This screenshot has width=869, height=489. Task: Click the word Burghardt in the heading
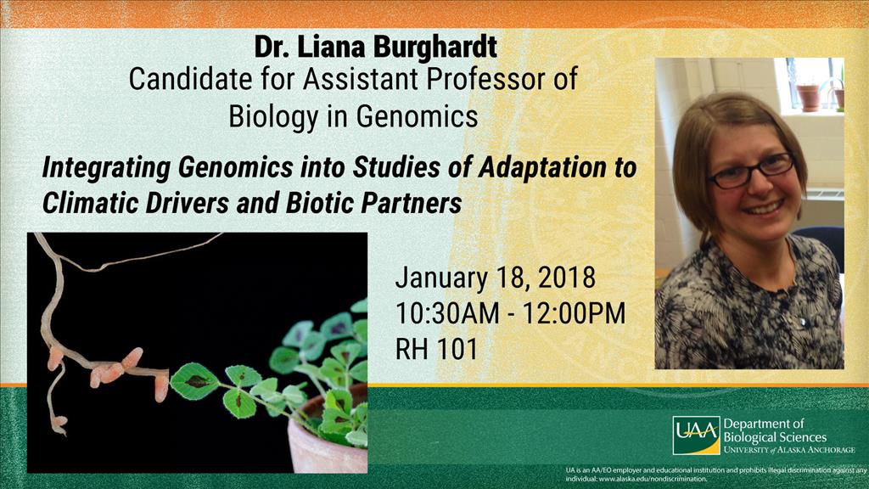tap(435, 48)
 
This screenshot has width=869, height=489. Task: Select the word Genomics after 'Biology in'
tap(417, 116)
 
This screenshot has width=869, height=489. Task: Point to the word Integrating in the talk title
tap(106, 168)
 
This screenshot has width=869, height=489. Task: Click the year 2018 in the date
tap(567, 278)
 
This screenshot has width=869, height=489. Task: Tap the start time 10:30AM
tap(447, 314)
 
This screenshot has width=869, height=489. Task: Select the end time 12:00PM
tap(574, 314)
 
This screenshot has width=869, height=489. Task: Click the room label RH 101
tap(436, 350)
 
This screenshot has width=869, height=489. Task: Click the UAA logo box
tap(696, 436)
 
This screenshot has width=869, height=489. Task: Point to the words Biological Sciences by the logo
tap(775, 437)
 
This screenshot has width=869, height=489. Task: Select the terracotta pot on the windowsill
tap(808, 98)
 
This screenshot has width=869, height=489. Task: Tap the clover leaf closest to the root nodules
tap(194, 381)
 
